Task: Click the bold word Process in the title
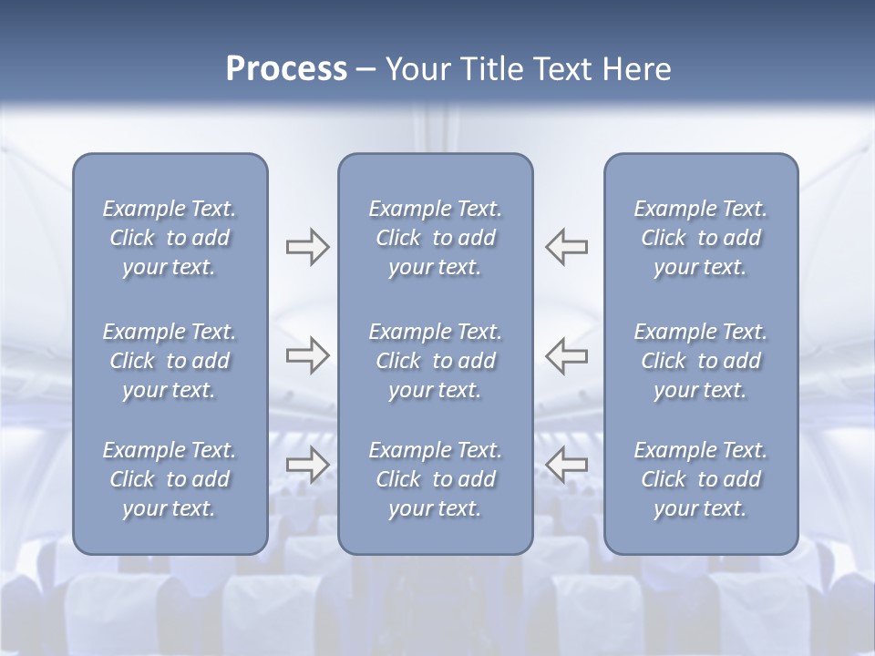pyautogui.click(x=286, y=69)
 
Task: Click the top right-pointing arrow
pyautogui.click(x=307, y=247)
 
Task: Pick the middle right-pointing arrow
pyautogui.click(x=307, y=354)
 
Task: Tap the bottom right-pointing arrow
pyautogui.click(x=307, y=465)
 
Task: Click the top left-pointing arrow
pyautogui.click(x=567, y=247)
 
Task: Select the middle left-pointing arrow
pyautogui.click(x=567, y=354)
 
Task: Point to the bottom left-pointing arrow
pyautogui.click(x=567, y=465)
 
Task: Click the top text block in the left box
pyautogui.click(x=170, y=238)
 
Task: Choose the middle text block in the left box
pyautogui.click(x=170, y=361)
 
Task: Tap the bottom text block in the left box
pyautogui.click(x=170, y=479)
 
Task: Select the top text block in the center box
pyautogui.click(x=436, y=238)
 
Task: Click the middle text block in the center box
pyautogui.click(x=436, y=361)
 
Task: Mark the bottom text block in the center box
pyautogui.click(x=436, y=479)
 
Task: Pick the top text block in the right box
pyautogui.click(x=701, y=238)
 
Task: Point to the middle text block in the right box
pyautogui.click(x=701, y=361)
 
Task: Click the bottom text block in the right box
pyautogui.click(x=701, y=479)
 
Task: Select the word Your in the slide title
pyautogui.click(x=416, y=69)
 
